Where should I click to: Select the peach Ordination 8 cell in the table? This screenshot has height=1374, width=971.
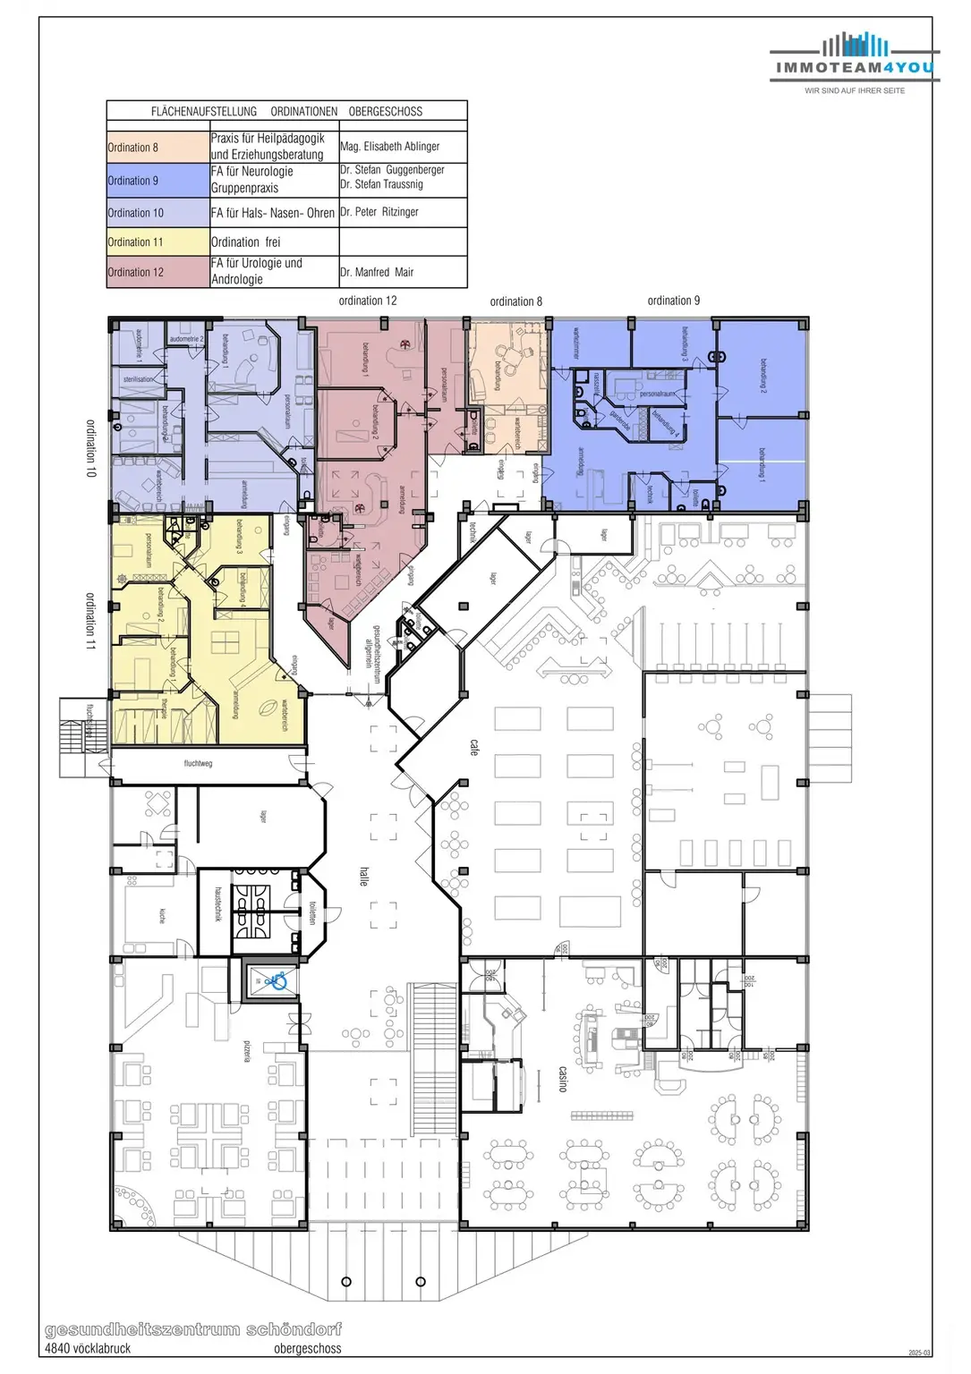click(158, 148)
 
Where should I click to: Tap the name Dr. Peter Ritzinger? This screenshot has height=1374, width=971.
click(379, 212)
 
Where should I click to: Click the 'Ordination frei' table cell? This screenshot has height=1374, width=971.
click(246, 242)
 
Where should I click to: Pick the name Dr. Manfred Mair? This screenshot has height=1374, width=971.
click(377, 272)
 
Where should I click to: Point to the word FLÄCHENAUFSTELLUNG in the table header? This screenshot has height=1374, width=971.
click(204, 112)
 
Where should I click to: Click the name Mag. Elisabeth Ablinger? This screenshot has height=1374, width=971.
click(390, 147)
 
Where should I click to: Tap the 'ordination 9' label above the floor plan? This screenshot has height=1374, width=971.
click(674, 301)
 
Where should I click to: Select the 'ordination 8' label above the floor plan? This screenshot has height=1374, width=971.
click(516, 301)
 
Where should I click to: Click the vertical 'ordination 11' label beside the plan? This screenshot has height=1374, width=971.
click(90, 620)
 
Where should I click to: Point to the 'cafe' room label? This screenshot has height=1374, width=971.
click(474, 747)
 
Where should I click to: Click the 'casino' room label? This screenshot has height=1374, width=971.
click(563, 1079)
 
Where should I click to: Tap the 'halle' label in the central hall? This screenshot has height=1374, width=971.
click(363, 876)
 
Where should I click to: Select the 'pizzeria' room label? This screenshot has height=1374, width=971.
click(247, 1051)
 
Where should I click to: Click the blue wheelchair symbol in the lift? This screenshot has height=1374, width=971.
click(279, 982)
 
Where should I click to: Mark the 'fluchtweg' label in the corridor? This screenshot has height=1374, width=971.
click(198, 764)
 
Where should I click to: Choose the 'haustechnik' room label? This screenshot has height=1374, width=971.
click(218, 904)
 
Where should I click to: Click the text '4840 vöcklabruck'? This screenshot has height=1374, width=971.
click(88, 1348)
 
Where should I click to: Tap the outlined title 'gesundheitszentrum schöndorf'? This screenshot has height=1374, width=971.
click(193, 1329)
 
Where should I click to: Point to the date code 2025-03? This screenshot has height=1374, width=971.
click(919, 1353)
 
